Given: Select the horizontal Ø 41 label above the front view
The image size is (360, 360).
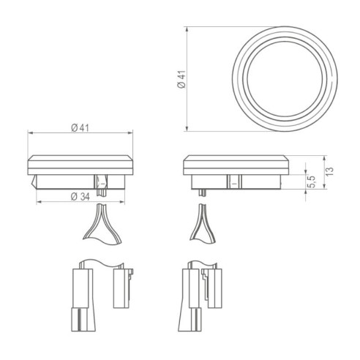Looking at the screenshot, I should click(x=80, y=128).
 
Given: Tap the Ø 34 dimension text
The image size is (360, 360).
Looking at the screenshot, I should click(x=80, y=197).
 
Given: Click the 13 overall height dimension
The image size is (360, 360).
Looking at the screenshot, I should click(x=331, y=170).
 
